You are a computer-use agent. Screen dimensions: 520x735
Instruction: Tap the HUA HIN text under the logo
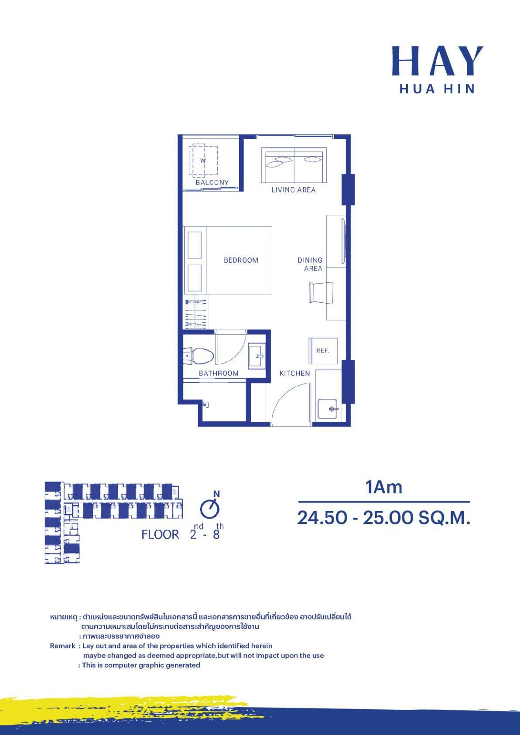coord(437,89)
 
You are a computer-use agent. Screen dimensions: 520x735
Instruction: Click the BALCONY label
coord(212,182)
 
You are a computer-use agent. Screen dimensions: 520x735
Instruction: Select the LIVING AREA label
coord(293,190)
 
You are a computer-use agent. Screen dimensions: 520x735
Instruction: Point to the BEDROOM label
coord(241,260)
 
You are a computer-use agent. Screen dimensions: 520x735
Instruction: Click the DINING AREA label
coord(310,264)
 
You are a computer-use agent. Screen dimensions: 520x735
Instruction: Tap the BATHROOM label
coord(219,373)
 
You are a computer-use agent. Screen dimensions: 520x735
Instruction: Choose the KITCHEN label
coord(294,373)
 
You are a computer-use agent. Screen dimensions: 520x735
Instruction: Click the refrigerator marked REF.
coord(323,351)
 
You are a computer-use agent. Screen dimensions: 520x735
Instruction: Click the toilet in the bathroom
coord(198,356)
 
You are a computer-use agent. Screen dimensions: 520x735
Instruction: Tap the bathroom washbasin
coord(257,356)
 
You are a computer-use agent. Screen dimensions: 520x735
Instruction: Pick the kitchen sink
coord(328,409)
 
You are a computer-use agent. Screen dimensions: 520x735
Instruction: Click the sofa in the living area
coord(294,165)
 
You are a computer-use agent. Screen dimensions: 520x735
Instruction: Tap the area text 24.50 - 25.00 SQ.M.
coord(384,518)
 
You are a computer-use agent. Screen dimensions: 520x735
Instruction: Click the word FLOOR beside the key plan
coord(161,535)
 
